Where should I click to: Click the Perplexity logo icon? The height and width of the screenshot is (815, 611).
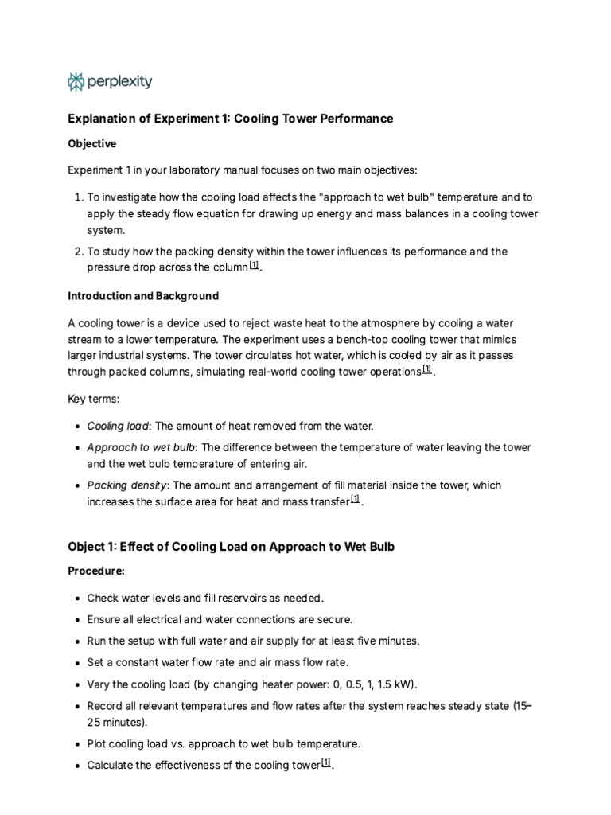76,81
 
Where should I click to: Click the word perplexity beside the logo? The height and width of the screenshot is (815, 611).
119,81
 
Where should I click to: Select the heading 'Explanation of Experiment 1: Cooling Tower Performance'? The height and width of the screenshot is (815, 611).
230,119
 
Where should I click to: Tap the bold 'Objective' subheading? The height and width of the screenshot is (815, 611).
91,144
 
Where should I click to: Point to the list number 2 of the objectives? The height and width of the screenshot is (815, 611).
77,252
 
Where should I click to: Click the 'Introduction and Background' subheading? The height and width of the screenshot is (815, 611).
142,296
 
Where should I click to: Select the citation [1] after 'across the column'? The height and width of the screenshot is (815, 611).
254,266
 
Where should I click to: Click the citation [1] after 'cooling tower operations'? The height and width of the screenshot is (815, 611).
427,369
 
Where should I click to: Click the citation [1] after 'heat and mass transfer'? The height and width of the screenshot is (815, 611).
356,500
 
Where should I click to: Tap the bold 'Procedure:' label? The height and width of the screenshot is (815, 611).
96,571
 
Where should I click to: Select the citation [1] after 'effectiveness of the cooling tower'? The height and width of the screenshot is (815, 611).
326,763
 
